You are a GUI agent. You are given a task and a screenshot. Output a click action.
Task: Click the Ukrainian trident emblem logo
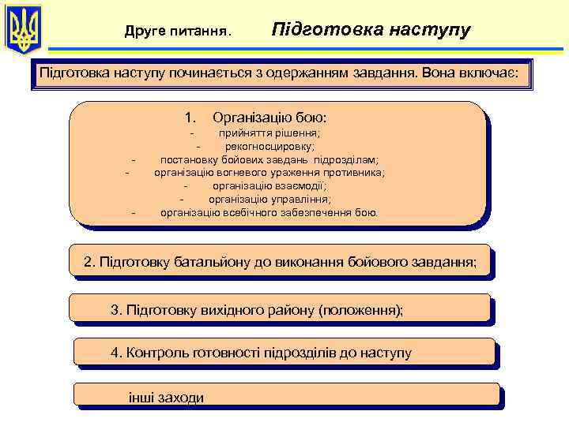point(23,30)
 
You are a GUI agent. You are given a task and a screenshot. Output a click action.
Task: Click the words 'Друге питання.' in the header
point(178,32)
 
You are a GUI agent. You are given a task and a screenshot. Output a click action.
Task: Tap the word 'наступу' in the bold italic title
point(426,30)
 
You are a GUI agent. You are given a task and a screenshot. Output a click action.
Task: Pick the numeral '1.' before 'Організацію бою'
point(190,118)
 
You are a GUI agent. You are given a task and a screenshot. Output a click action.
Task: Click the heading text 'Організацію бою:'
point(269,118)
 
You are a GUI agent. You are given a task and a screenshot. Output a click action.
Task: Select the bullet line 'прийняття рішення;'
point(269,133)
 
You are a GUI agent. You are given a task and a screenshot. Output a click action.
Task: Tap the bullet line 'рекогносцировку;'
point(269,146)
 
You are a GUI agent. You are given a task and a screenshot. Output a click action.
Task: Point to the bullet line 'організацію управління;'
point(269,199)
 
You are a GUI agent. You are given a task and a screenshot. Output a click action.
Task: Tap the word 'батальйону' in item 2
point(217,262)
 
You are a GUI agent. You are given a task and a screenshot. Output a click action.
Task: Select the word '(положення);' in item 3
point(360,309)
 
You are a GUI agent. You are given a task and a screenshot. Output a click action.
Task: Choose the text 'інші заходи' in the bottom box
point(166,398)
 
